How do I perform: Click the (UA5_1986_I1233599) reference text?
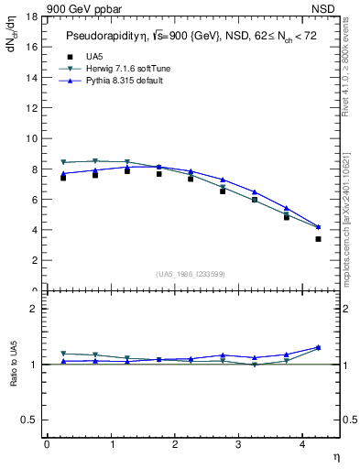pyautogui.click(x=191, y=274)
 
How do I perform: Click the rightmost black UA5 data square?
pyautogui.click(x=318, y=239)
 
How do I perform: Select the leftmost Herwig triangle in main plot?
pyautogui.click(x=62, y=162)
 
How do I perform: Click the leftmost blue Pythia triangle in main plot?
pyautogui.click(x=62, y=173)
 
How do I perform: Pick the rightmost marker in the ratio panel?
pyautogui.click(x=318, y=347)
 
